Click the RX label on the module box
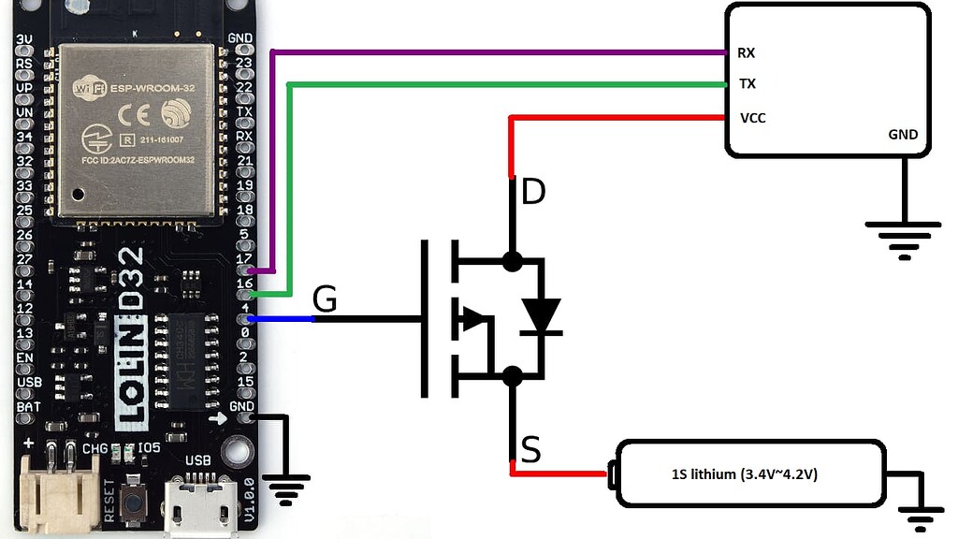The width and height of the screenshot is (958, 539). point(747,52)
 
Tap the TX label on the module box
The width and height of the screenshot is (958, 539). point(747,83)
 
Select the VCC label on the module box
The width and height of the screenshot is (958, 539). point(753,118)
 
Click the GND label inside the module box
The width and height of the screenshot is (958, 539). point(903,135)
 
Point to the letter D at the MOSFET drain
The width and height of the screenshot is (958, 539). point(532,193)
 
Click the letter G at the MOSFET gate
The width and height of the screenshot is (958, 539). point(324,299)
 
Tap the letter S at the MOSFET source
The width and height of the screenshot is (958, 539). point(530,452)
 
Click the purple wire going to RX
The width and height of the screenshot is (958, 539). point(496,51)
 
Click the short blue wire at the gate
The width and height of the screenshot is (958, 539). point(285,319)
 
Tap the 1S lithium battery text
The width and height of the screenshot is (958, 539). point(745,474)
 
